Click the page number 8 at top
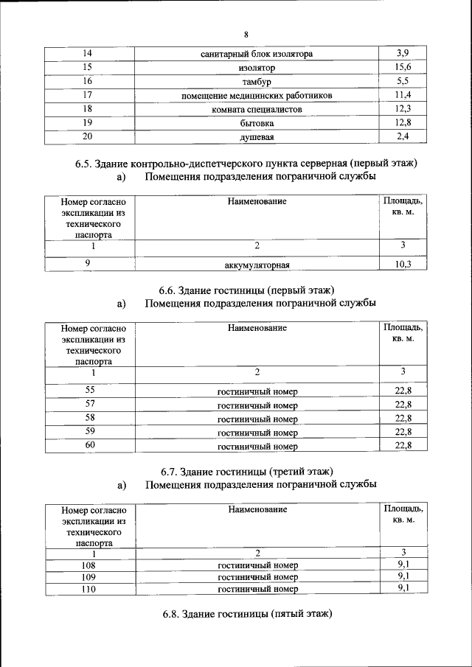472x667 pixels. coord(246,35)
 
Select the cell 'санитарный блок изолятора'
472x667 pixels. coord(257,55)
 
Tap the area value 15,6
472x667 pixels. coord(403,68)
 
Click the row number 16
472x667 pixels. coord(88,81)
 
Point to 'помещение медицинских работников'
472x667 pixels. coord(257,96)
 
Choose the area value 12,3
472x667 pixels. coord(403,109)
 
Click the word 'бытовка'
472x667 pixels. coord(257,123)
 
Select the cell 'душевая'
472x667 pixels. coord(257,137)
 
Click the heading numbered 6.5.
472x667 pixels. coord(246,164)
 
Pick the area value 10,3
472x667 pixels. coord(403,265)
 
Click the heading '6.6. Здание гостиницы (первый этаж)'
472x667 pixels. coord(246,289)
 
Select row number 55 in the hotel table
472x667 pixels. coord(90,390)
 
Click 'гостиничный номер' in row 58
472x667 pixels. coord(257,419)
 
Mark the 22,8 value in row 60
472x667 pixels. coord(403,446)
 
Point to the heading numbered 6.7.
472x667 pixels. coord(246,470)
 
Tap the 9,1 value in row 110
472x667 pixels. coord(403,588)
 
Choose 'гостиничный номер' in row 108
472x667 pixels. coord(257,565)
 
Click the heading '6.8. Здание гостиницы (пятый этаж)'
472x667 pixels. coord(246,613)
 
